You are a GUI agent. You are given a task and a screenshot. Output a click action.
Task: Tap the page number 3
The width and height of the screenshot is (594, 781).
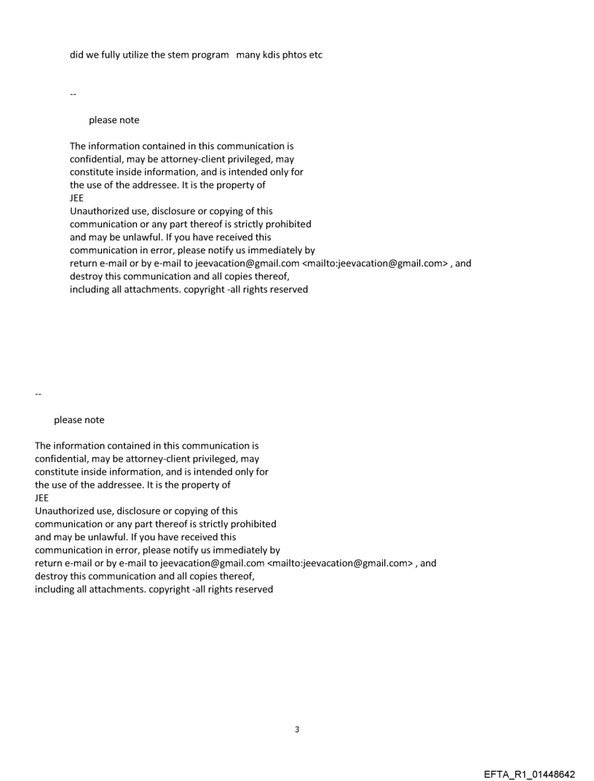point(297,729)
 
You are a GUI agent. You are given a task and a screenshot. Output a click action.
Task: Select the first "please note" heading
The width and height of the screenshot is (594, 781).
point(114,120)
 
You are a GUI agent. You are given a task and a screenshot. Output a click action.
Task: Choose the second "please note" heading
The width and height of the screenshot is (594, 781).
point(79,420)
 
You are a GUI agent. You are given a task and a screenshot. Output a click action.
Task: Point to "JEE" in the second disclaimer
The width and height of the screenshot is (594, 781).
point(41,498)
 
